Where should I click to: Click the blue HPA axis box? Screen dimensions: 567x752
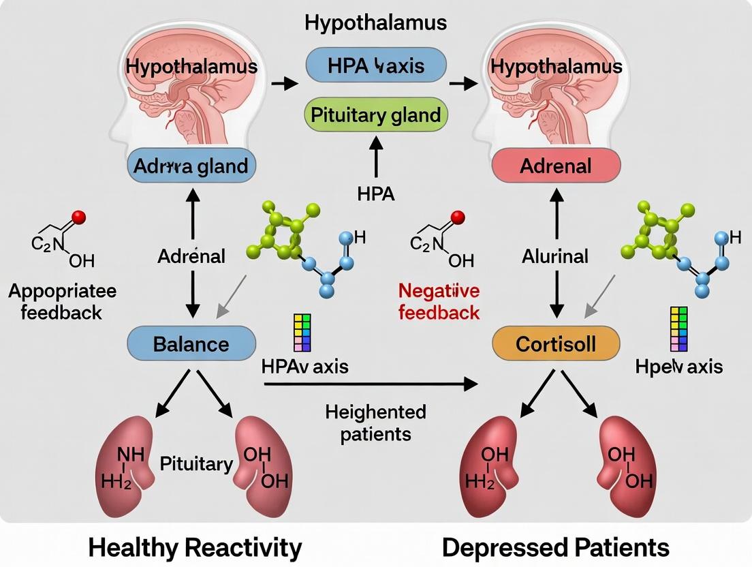(376, 65)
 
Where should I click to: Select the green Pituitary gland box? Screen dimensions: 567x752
(376, 114)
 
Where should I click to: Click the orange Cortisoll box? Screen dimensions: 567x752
(556, 343)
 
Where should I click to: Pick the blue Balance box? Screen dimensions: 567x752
(191, 343)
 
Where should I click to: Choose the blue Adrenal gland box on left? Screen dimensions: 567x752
(191, 166)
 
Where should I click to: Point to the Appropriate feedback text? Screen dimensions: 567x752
(62, 302)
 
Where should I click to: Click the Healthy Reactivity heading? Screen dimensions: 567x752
(195, 547)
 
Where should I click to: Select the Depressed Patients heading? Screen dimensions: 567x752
(555, 547)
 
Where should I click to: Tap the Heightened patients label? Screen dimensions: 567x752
(375, 423)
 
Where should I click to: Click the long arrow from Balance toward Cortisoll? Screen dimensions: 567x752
(371, 384)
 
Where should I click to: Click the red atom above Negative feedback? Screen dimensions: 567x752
(457, 217)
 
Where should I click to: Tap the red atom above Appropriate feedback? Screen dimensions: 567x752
(78, 217)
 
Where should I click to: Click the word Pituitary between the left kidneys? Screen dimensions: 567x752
(196, 464)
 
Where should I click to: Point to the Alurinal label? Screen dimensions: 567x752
(555, 257)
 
